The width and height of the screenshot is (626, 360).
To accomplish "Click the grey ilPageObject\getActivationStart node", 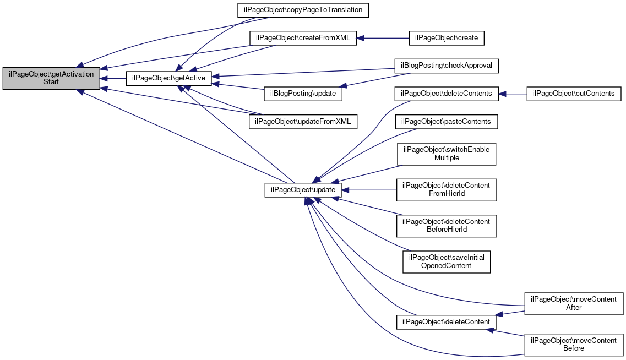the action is point(51,78).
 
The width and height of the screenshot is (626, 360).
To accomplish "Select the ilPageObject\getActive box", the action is point(168,78).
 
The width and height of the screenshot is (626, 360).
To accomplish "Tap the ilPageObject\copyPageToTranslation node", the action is point(303,10).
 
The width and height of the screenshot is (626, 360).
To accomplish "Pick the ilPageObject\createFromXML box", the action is point(303,38).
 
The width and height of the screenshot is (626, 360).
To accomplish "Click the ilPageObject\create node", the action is point(447,38).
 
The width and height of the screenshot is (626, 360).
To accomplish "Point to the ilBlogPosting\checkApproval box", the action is point(447,66).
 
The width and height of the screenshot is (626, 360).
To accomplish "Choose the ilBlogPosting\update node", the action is point(303,94).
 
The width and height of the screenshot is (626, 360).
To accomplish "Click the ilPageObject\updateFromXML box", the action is point(303,121).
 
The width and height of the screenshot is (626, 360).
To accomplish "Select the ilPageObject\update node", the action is point(303,189).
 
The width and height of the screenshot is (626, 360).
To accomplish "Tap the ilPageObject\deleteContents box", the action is point(447,94).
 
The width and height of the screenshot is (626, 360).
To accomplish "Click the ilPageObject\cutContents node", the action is point(574,94).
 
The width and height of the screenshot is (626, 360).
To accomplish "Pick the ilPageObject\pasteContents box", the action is point(447,121).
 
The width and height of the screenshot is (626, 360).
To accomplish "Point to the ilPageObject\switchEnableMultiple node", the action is point(447,154).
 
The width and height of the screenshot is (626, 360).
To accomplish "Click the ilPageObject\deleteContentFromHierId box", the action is point(447,189).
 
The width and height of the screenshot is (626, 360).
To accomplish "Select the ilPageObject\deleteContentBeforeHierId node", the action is point(447,226).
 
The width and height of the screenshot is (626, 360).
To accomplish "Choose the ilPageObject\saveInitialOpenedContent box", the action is point(447,262).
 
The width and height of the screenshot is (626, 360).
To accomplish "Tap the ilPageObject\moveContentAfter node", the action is point(574,303).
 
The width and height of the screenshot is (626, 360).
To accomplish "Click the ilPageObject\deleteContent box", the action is point(447,322).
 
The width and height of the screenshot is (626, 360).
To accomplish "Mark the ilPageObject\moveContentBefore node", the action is point(574,345).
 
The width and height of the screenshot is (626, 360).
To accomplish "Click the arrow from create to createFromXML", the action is point(383,38).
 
